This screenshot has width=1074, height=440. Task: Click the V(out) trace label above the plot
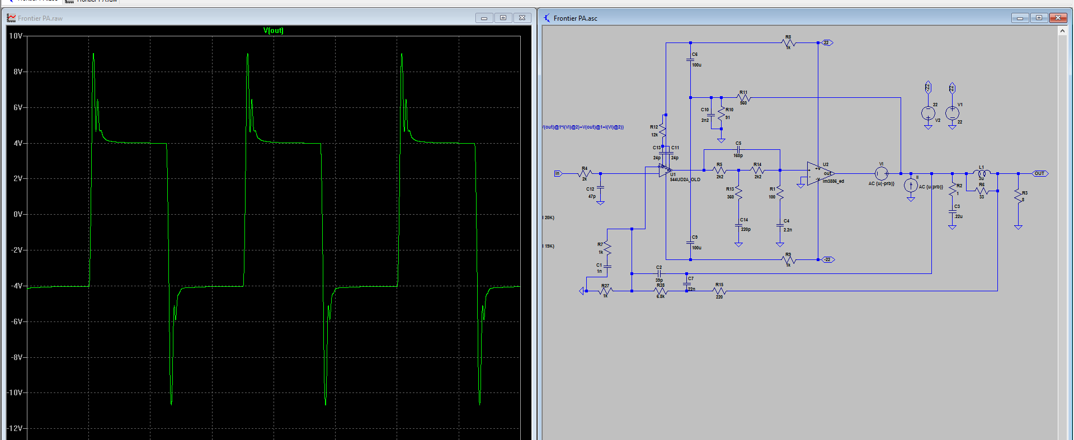[x=273, y=31]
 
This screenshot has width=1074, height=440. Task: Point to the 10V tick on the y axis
[x=16, y=36]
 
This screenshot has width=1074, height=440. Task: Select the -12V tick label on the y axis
[x=15, y=428]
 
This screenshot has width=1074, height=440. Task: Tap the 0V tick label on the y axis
[x=18, y=214]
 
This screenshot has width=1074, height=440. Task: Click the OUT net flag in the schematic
[x=1039, y=173]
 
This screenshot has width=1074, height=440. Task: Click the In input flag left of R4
[x=557, y=173]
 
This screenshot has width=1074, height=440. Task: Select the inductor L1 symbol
[x=982, y=173]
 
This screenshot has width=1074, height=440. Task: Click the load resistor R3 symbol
[x=1018, y=196]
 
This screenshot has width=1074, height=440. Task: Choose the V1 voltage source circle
[x=952, y=113]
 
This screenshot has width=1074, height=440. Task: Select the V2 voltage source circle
[x=928, y=113]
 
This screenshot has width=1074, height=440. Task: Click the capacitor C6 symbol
[x=690, y=59]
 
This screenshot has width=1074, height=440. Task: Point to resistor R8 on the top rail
[x=788, y=42]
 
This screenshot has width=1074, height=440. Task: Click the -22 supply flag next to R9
[x=828, y=259]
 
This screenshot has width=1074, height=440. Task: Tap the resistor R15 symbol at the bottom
[x=719, y=291]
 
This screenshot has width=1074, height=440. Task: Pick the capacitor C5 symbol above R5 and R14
[x=738, y=150]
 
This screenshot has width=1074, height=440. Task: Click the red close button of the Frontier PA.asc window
[x=1058, y=18]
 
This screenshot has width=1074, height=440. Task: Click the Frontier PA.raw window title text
[x=40, y=18]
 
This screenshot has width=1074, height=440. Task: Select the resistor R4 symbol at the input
[x=585, y=173]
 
